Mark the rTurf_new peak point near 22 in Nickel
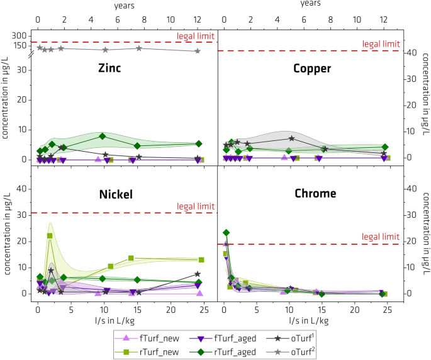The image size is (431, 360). point(50,235)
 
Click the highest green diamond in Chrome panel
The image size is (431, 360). point(227,233)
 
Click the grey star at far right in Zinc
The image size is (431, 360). point(198,51)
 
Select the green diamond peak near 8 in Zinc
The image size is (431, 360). point(102,136)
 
